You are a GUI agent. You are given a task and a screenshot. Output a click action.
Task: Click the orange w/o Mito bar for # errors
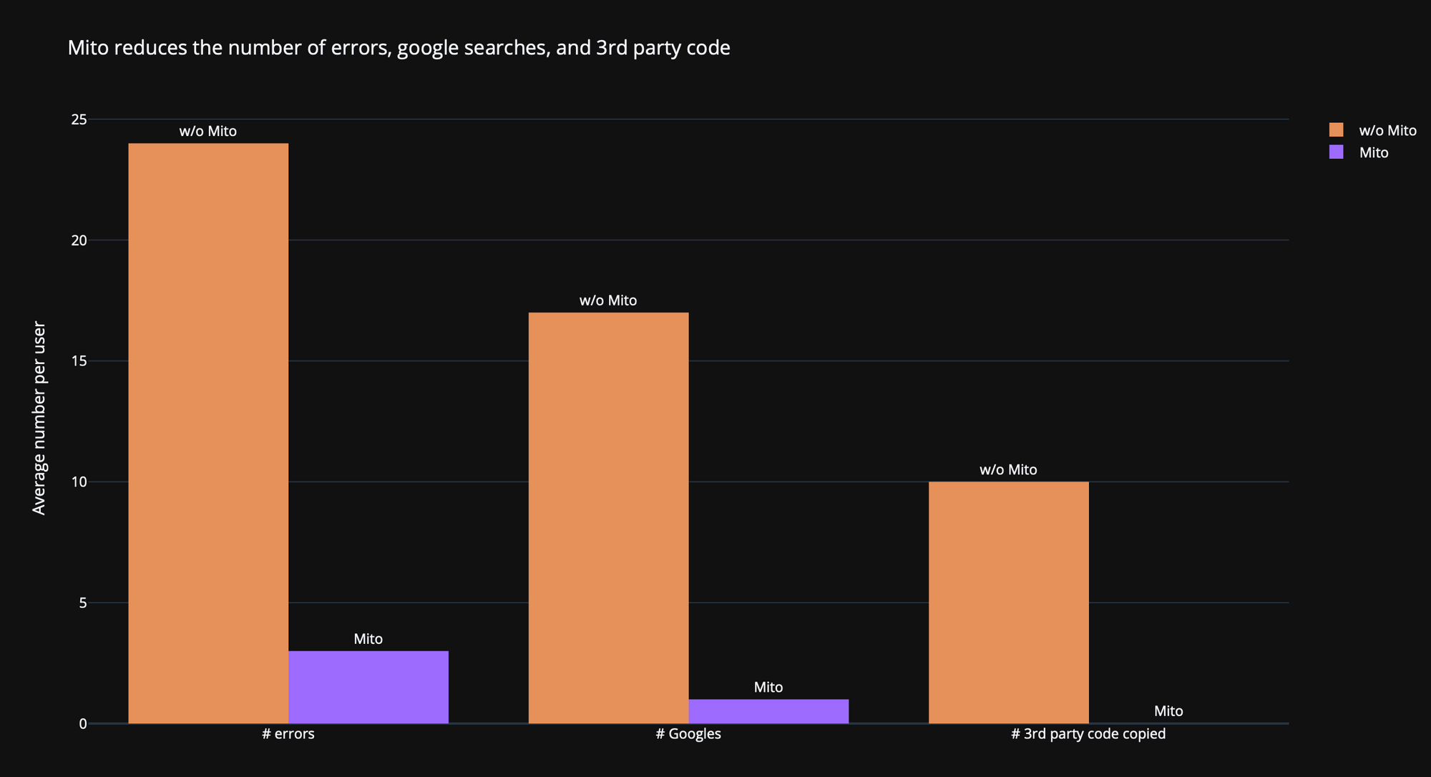208,433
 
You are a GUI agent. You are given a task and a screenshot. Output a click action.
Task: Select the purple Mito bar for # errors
368,687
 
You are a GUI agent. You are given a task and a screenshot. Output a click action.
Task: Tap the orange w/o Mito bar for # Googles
608,517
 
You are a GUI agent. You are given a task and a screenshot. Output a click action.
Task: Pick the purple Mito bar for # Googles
768,711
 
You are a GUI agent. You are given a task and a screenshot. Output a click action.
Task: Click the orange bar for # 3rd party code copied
1008,602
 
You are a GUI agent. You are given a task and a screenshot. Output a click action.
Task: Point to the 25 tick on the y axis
79,119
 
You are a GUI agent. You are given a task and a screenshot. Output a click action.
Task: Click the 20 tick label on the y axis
79,240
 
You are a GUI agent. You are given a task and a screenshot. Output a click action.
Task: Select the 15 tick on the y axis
79,361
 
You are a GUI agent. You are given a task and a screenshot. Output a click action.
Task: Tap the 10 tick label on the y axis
79,482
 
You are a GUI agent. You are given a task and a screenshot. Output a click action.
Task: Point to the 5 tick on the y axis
83,603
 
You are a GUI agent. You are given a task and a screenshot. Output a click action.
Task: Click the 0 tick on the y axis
83,724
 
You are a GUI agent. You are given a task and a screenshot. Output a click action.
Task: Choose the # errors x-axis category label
288,734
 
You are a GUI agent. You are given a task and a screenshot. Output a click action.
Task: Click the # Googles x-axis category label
688,734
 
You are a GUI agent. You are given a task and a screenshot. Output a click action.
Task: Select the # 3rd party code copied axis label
1088,734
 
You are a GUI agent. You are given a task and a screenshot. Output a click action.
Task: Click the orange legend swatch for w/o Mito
1336,130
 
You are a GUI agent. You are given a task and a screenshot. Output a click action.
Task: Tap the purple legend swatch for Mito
1336,152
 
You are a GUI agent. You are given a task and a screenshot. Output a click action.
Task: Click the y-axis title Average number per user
39,418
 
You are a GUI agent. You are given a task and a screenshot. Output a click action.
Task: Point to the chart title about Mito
399,48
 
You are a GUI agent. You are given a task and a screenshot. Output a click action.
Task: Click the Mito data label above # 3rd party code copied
1168,711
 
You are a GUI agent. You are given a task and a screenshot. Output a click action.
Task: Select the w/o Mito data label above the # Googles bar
608,300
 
